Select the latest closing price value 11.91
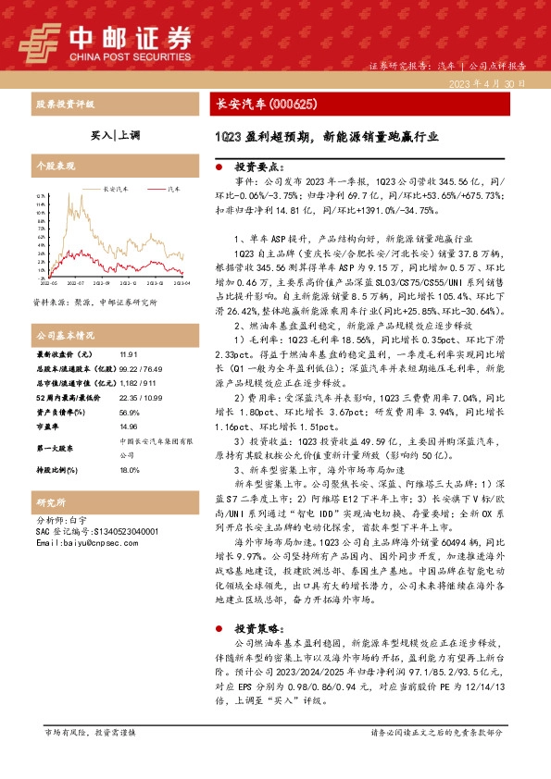tap(128, 354)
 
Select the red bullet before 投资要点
tap(218, 167)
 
